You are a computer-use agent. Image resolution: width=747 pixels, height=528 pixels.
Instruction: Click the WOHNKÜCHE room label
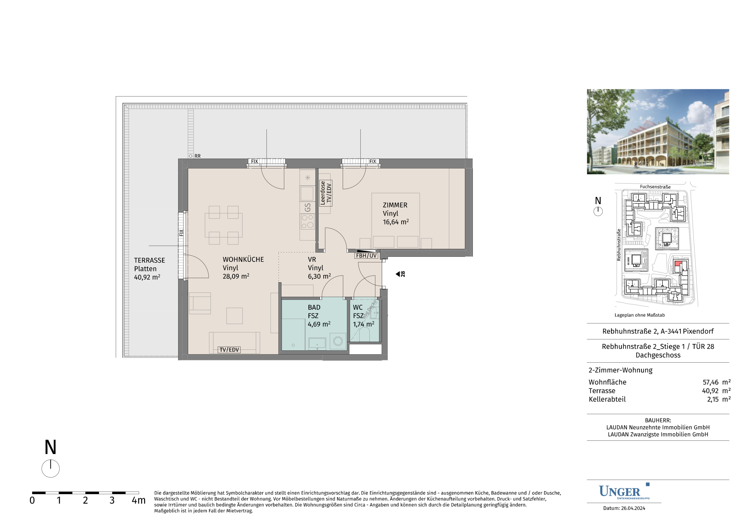tap(243, 259)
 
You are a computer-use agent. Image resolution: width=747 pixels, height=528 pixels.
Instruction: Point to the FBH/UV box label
tap(366, 256)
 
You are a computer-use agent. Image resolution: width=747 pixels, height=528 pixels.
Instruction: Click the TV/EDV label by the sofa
tap(229, 350)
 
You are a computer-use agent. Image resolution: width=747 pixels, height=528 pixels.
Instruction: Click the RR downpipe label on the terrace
tap(197, 156)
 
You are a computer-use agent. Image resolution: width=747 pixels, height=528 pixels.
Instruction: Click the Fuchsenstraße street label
tap(655, 187)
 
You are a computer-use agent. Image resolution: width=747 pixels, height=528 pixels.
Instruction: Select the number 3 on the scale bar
tap(112, 500)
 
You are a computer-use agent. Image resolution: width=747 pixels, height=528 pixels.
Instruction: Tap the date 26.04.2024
tap(633, 508)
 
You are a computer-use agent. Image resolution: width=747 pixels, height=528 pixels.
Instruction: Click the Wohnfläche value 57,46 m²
tap(716, 382)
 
